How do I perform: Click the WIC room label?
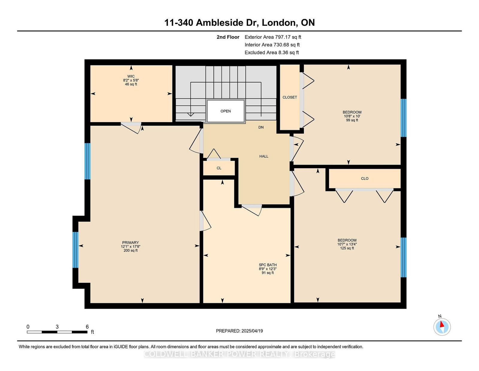click(x=131, y=76)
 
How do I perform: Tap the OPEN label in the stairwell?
click(x=226, y=111)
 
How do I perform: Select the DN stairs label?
click(x=261, y=127)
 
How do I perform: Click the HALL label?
click(x=264, y=156)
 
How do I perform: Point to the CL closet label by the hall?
click(x=219, y=168)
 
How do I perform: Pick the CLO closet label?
click(x=365, y=178)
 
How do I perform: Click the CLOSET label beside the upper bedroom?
click(x=290, y=97)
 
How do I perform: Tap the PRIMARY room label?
click(x=131, y=242)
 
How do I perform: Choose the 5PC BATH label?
click(x=268, y=265)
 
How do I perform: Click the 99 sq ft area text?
click(x=352, y=120)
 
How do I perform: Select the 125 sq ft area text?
click(x=347, y=248)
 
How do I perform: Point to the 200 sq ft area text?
click(x=131, y=250)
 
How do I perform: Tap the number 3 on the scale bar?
click(x=57, y=327)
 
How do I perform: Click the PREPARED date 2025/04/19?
click(x=252, y=331)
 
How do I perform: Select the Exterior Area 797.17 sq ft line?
click(x=273, y=37)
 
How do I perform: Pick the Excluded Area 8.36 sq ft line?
click(x=272, y=52)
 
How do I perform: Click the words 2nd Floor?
click(x=228, y=37)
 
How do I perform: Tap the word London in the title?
click(x=278, y=23)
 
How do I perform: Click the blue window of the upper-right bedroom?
click(x=403, y=118)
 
